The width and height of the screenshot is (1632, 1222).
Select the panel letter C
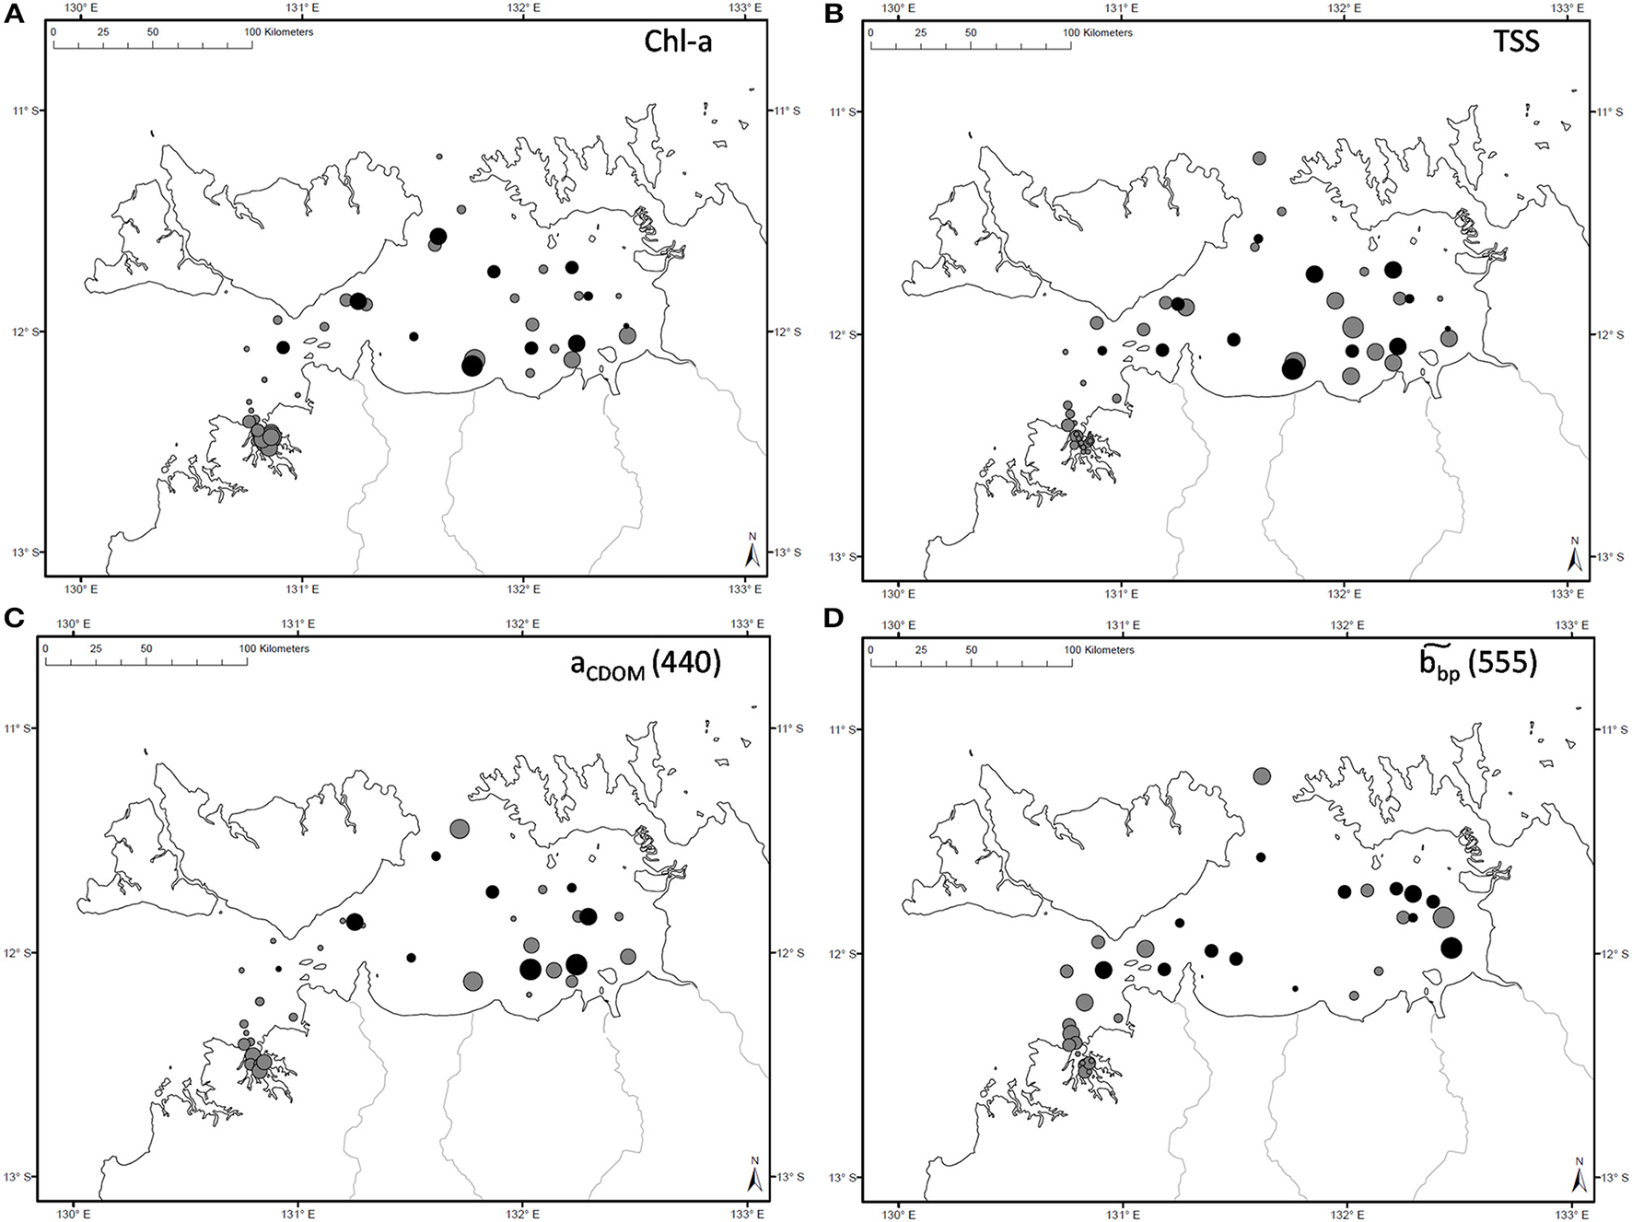(x=13, y=618)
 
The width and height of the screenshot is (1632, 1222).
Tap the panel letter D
(x=834, y=618)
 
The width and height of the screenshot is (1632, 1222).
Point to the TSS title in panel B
(x=1516, y=41)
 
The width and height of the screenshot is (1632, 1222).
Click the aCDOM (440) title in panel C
(x=645, y=663)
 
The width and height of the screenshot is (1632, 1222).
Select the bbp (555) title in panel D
(x=1477, y=663)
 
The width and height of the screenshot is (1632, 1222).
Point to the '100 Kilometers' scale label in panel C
(x=274, y=648)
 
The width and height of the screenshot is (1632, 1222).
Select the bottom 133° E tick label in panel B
(x=1566, y=593)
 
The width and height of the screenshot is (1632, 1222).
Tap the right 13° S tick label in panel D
(x=1611, y=1178)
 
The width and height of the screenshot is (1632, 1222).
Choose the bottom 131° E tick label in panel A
(x=301, y=588)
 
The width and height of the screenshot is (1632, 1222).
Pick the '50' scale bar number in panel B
(x=970, y=32)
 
